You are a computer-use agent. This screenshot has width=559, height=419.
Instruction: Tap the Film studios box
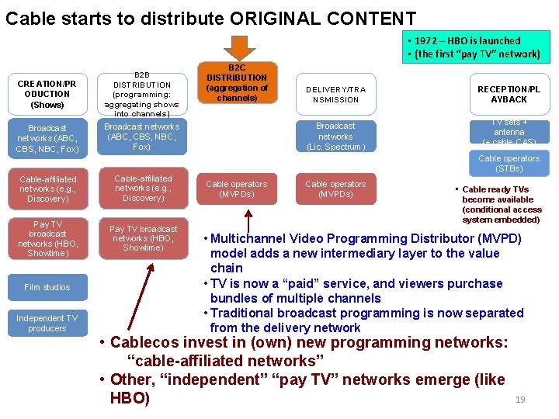point(47,287)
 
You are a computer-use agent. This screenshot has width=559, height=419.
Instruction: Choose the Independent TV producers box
point(47,323)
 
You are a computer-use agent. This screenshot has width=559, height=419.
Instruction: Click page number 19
point(520,400)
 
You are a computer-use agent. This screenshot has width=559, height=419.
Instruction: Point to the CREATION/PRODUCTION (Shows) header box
point(47,94)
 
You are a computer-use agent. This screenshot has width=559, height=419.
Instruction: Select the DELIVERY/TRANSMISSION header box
point(335,94)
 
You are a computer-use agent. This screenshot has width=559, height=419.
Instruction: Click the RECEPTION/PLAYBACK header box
point(509,94)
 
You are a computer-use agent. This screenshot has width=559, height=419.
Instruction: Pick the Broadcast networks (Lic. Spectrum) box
point(335,136)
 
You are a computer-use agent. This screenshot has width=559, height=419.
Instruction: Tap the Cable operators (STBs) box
point(509,163)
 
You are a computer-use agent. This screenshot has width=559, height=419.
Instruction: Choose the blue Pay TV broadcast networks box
point(47,238)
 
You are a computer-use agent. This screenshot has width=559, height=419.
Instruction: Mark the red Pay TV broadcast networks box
point(143,238)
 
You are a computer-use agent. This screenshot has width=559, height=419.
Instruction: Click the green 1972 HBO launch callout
point(477,47)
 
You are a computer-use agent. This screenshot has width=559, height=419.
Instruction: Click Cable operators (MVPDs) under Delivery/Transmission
point(335,189)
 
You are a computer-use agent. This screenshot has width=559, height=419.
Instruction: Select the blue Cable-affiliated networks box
point(48,189)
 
